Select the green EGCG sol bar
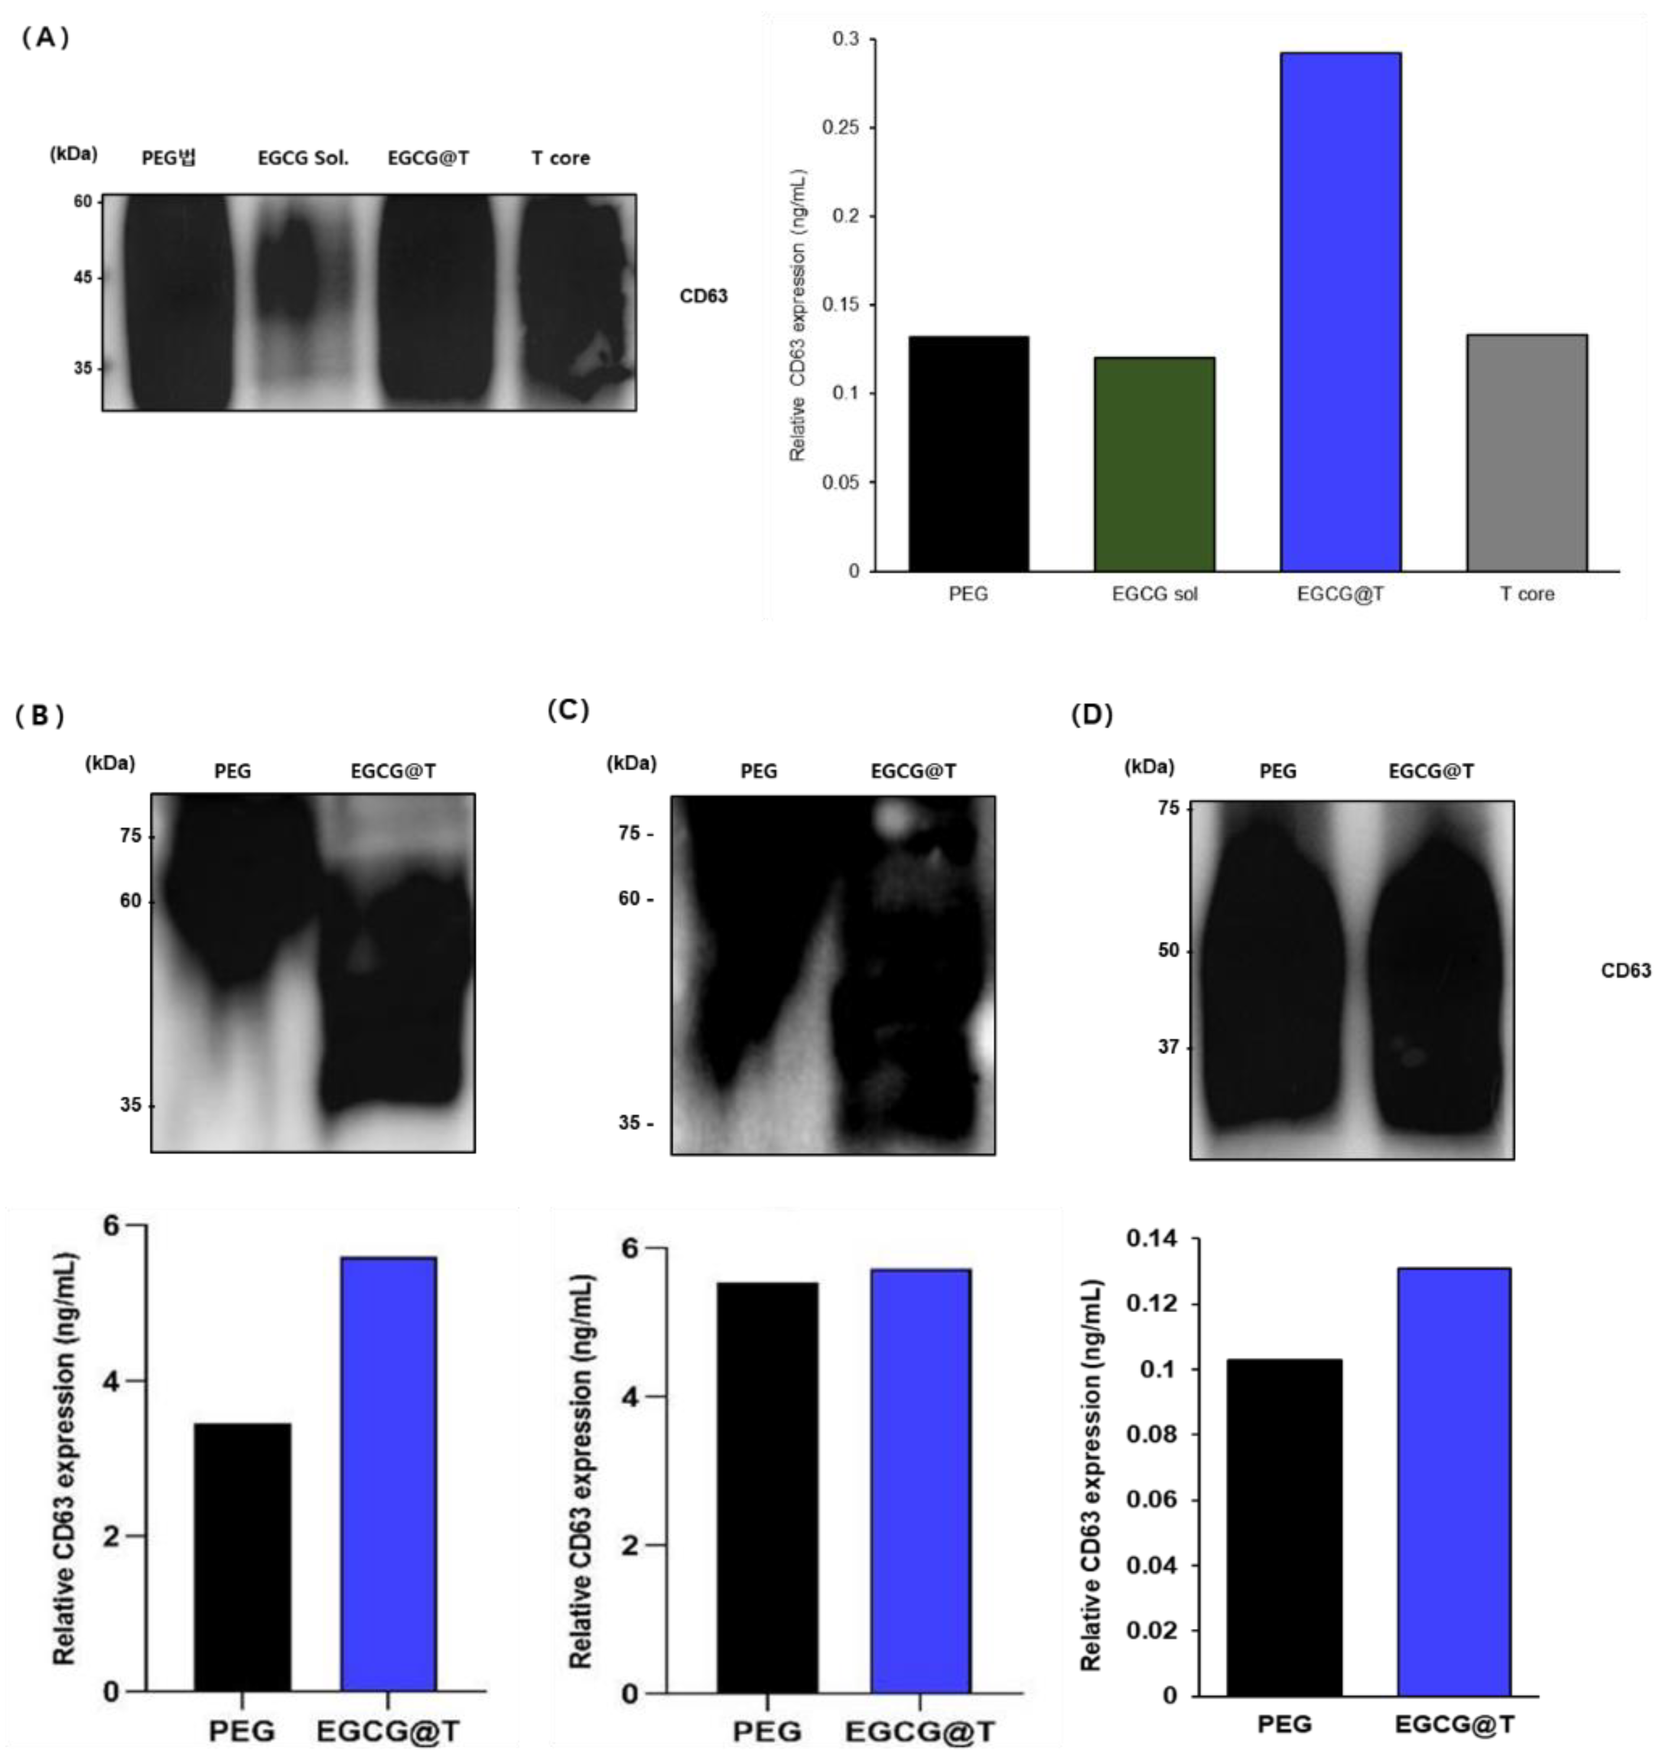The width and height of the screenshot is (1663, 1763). click(1154, 464)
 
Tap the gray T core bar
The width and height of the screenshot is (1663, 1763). click(1527, 453)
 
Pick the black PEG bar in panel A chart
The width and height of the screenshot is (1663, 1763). click(968, 453)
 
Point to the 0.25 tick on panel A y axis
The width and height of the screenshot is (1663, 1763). click(841, 128)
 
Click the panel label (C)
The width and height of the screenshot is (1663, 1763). click(568, 710)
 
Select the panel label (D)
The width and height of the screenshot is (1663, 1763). click(1092, 714)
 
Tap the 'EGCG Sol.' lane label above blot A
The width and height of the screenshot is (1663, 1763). click(302, 158)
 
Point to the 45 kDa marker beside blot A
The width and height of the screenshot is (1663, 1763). click(83, 278)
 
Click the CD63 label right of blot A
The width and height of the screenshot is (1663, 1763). click(704, 296)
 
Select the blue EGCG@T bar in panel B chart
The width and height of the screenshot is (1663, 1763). click(389, 1474)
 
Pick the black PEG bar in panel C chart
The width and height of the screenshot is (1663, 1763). click(767, 1487)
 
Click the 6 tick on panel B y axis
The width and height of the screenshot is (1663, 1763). click(111, 1225)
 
